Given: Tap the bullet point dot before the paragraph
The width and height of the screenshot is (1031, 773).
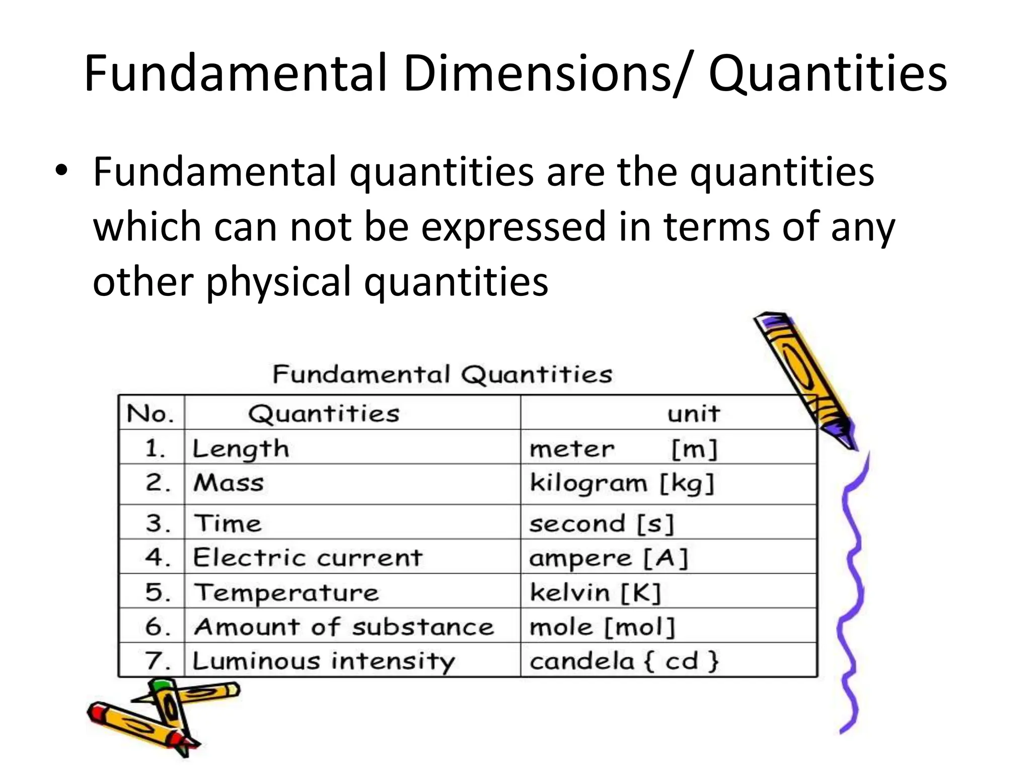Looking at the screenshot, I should (x=61, y=171).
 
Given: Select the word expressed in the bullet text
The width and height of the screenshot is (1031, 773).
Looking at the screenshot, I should (x=513, y=227).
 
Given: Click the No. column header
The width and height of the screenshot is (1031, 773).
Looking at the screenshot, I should (x=151, y=414).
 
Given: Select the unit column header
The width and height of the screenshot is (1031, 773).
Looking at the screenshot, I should (x=693, y=414).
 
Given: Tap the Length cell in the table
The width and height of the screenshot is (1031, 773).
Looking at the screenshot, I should (x=241, y=448).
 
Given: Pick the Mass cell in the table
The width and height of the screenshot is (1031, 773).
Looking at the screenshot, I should (x=229, y=483).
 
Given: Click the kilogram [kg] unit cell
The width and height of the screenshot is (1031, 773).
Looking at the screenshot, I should (x=622, y=484).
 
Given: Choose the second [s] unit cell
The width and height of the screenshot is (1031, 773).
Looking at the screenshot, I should (x=601, y=524).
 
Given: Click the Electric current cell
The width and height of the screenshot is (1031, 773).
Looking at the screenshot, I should (x=308, y=558).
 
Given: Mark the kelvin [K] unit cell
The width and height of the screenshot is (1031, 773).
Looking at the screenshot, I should (x=595, y=592).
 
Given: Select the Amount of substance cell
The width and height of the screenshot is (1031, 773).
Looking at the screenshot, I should (x=344, y=627).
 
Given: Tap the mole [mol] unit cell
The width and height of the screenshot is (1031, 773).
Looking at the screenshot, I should (x=602, y=627).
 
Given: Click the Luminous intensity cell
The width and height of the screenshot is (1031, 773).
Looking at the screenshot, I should (x=324, y=661).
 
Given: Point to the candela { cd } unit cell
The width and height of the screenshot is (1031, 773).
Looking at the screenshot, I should (x=624, y=661).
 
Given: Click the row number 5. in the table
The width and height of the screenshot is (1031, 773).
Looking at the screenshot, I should (x=158, y=592).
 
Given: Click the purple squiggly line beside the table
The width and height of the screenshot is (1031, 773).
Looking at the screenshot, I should (x=851, y=594).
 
